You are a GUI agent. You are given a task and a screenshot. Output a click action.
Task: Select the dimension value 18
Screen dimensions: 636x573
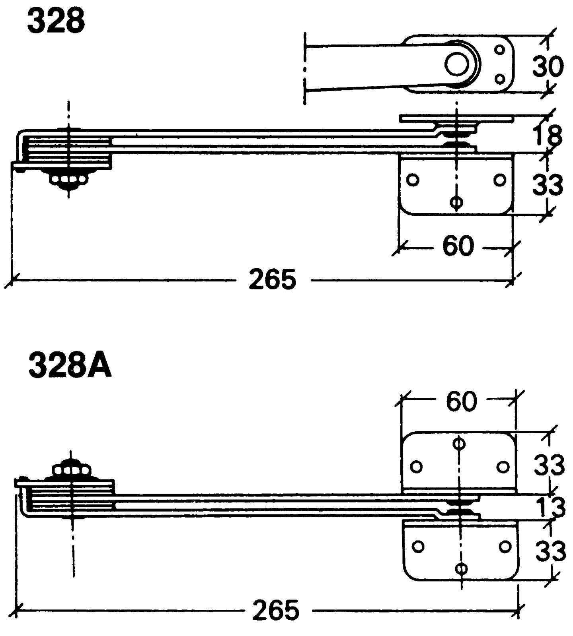[548, 136]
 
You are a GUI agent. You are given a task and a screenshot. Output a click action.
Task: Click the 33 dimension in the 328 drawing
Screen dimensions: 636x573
[548, 184]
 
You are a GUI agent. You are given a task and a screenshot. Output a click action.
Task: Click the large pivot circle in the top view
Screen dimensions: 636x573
[457, 65]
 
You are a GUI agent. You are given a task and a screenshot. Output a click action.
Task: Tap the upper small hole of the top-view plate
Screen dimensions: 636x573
[500, 50]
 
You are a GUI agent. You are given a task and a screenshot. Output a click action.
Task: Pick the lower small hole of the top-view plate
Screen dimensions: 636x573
[500, 79]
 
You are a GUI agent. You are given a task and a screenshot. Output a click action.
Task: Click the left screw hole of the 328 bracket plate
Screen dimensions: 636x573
[413, 180]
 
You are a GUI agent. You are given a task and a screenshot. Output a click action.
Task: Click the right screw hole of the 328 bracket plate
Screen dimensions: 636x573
[500, 180]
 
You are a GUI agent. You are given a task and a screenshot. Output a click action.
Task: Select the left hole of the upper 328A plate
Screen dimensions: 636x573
[416, 466]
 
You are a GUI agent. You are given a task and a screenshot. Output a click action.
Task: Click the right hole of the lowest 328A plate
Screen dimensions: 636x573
[505, 547]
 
